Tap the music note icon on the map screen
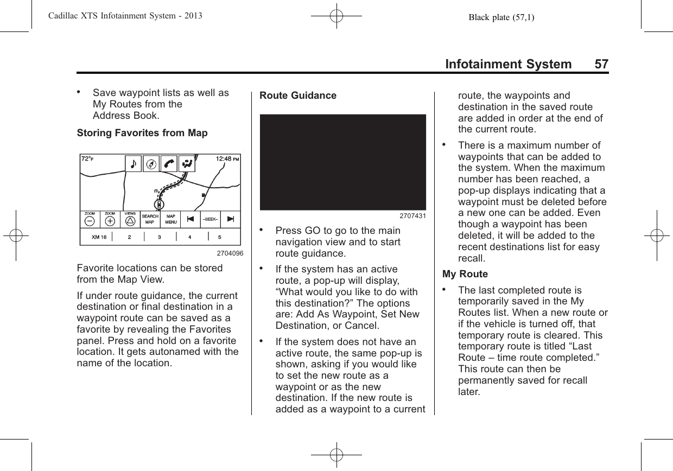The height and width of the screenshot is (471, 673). (134, 164)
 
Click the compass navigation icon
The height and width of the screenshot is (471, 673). (152, 164)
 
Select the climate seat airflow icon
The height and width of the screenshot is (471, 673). (187, 164)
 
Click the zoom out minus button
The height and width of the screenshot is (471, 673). (90, 221)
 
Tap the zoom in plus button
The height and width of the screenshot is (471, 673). (110, 221)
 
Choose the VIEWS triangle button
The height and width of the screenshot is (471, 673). (130, 220)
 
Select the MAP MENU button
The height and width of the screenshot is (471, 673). (171, 219)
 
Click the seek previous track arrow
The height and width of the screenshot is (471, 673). (190, 219)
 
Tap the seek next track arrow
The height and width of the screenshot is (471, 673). (230, 219)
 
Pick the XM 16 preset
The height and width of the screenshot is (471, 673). (99, 237)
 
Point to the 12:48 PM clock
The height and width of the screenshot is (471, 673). (227, 159)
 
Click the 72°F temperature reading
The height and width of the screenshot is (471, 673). (87, 159)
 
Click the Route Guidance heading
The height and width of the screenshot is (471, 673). (298, 96)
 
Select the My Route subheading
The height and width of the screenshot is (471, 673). (465, 274)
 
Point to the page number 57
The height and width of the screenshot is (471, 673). (601, 64)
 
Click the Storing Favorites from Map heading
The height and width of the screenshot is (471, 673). (142, 133)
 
